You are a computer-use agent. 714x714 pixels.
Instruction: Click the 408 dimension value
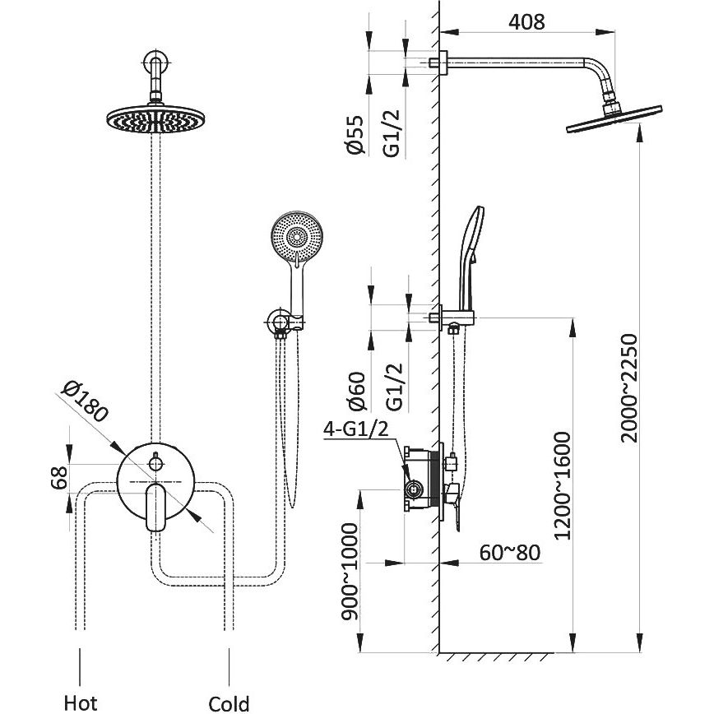point(527,21)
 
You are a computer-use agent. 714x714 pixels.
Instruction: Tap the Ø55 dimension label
point(355,133)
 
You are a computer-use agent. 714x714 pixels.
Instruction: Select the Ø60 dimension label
point(355,390)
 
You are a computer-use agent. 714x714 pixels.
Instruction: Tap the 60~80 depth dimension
point(510,552)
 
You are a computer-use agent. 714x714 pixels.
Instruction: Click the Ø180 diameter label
point(86,402)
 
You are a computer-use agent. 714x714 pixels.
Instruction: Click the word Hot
point(81,702)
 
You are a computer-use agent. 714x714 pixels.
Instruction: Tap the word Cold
point(228,703)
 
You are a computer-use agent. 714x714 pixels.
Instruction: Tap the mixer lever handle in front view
point(155,507)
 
